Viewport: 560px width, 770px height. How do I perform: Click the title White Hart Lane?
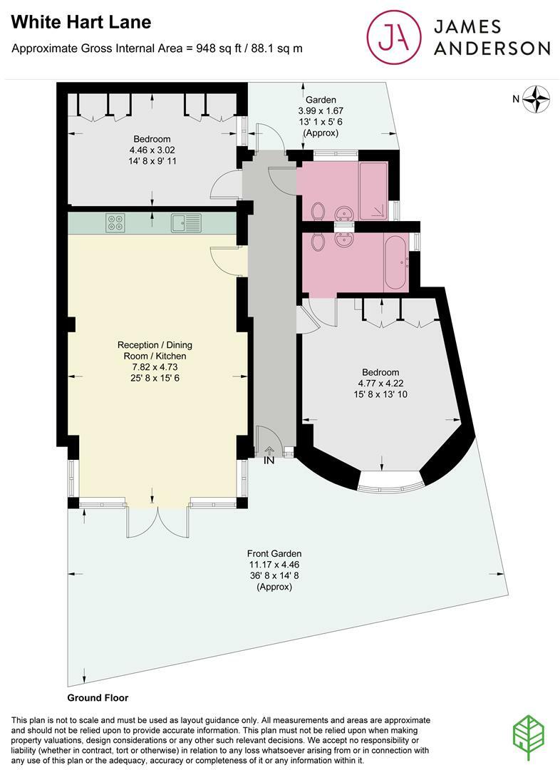click(82, 22)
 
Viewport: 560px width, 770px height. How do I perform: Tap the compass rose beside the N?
click(537, 98)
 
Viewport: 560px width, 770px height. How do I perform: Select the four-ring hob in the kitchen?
click(115, 223)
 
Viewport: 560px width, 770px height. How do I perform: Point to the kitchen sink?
click(186, 223)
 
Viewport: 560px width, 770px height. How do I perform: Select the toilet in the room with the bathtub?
click(318, 242)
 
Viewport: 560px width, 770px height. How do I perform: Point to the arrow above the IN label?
click(269, 450)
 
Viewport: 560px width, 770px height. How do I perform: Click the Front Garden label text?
click(274, 553)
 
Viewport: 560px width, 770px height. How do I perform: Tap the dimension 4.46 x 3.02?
click(151, 150)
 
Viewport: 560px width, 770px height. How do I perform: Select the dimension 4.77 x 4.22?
click(380, 384)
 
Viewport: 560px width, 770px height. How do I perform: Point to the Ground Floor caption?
click(98, 698)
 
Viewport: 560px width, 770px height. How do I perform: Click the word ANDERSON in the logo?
click(492, 48)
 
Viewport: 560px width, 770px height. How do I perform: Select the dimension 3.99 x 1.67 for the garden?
click(321, 111)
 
